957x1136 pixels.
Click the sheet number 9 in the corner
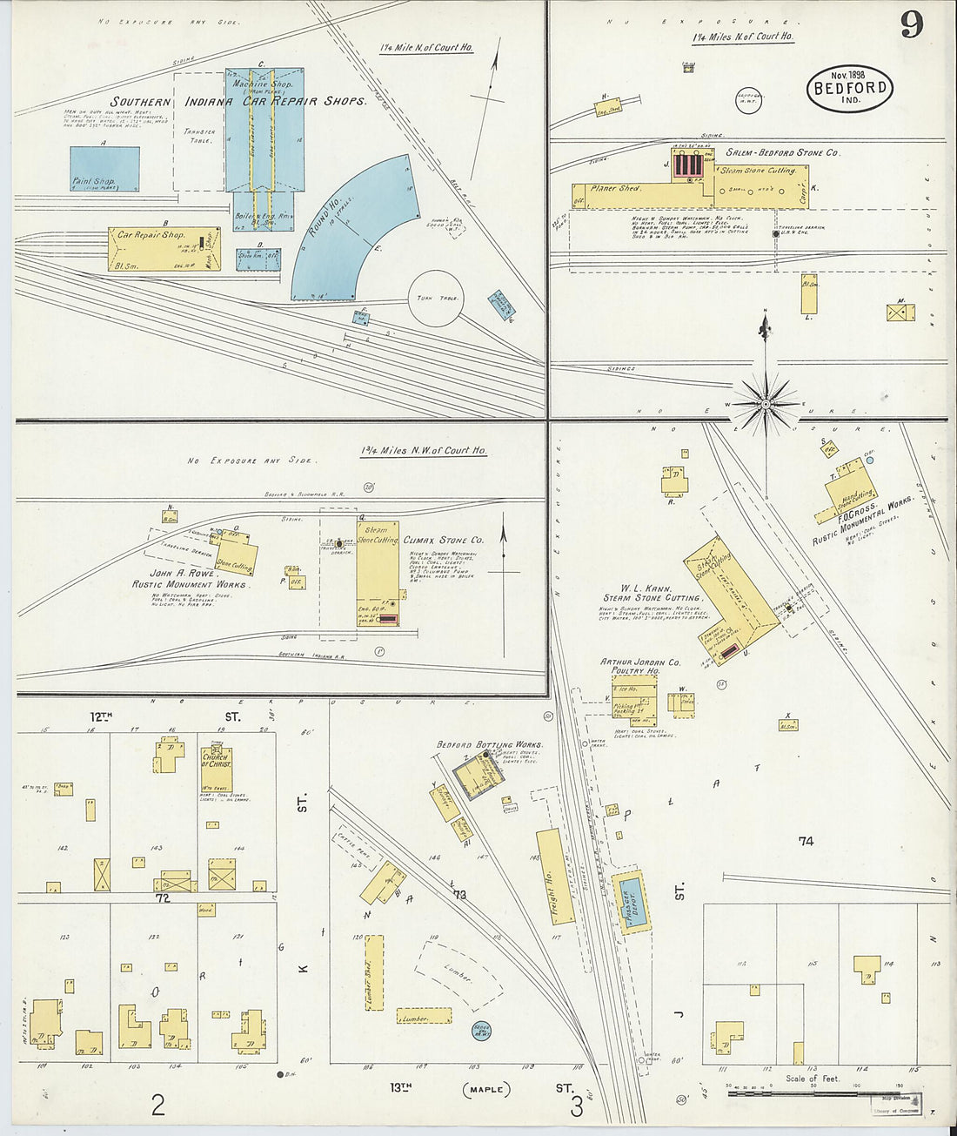(x=911, y=24)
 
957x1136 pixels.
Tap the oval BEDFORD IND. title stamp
(x=849, y=88)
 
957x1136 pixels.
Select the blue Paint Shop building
(x=104, y=169)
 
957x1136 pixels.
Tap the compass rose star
(x=765, y=403)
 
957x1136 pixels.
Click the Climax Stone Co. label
(x=443, y=541)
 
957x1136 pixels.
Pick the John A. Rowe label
(x=182, y=573)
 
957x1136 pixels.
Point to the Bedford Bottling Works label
(x=489, y=745)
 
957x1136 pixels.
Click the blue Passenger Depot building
(x=631, y=903)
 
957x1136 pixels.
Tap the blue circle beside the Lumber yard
(x=480, y=1032)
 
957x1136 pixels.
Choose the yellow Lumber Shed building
(x=374, y=972)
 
